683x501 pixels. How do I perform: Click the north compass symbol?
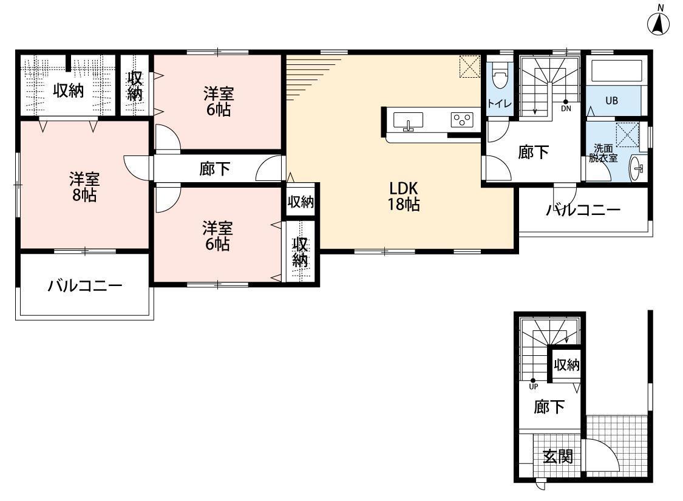pyautogui.click(x=658, y=22)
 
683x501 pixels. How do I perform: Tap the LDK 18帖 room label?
pyautogui.click(x=404, y=197)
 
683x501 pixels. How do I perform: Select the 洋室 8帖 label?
pyautogui.click(x=84, y=187)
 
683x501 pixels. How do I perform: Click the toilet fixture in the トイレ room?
pyautogui.click(x=500, y=78)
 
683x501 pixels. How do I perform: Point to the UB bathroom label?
pyautogui.click(x=611, y=101)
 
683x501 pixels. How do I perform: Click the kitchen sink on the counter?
pyautogui.click(x=408, y=121)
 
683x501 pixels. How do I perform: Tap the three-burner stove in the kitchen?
pyautogui.click(x=462, y=120)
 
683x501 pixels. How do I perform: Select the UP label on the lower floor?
pyautogui.click(x=534, y=386)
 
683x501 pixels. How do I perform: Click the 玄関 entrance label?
pyautogui.click(x=557, y=457)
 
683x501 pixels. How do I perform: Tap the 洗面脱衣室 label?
pyautogui.click(x=603, y=153)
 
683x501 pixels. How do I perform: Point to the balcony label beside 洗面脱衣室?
pyautogui.click(x=583, y=210)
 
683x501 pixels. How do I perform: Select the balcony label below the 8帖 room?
pyautogui.click(x=85, y=286)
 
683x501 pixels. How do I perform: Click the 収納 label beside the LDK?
pyautogui.click(x=301, y=202)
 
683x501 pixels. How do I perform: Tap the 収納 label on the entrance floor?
pyautogui.click(x=566, y=365)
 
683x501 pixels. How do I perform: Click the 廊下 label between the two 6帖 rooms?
pyautogui.click(x=214, y=169)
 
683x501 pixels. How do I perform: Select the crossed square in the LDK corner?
pyautogui.click(x=469, y=67)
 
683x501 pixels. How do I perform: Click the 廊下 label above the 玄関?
pyautogui.click(x=549, y=407)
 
